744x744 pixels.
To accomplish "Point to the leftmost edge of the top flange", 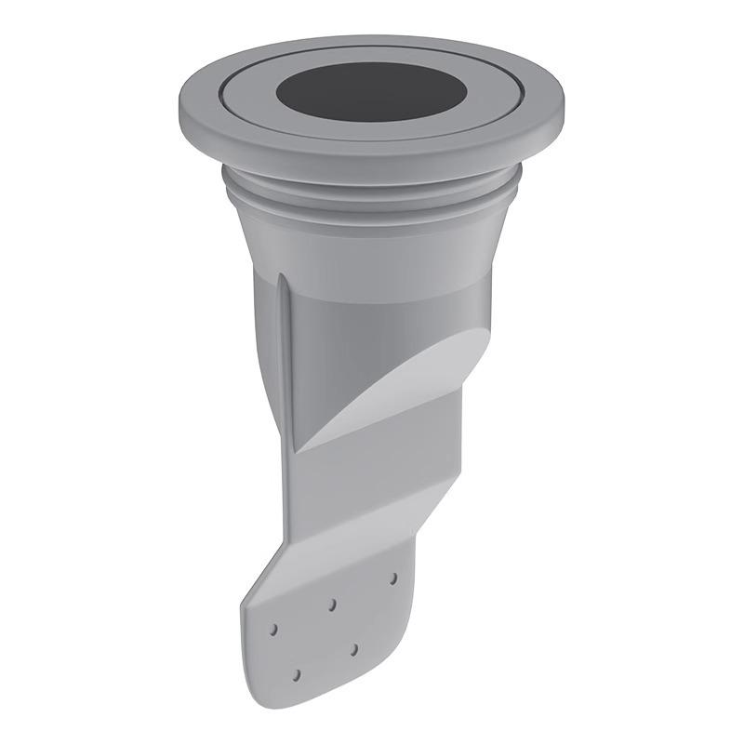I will (x=179, y=102).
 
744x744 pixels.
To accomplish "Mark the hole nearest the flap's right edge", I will (x=393, y=578).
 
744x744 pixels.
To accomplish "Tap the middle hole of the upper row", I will (x=332, y=604).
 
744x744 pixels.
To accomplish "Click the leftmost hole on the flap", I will (x=273, y=630).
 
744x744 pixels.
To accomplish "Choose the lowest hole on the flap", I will (x=296, y=673).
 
